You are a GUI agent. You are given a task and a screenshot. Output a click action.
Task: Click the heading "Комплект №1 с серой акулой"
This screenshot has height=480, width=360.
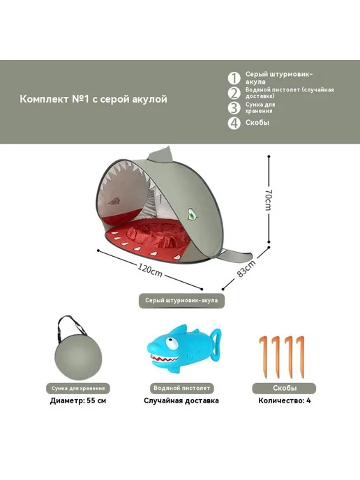93,99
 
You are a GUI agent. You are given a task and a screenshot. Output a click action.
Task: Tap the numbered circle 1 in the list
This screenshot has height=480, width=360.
234,78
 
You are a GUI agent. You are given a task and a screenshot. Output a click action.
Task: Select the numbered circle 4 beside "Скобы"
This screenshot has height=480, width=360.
234,123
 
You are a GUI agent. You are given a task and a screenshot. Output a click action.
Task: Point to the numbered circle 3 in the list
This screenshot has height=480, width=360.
234,107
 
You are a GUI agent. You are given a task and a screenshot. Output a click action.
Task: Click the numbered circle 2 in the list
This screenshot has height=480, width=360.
234,93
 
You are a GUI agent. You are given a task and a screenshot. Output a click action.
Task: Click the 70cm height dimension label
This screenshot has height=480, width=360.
269,200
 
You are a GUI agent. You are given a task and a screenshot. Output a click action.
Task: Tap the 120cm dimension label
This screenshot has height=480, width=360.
149,270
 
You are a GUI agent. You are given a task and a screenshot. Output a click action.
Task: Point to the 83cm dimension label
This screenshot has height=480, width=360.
246,269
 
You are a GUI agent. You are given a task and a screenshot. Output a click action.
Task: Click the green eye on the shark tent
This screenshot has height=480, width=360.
192,216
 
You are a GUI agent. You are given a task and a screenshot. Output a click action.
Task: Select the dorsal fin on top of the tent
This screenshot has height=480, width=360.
160,154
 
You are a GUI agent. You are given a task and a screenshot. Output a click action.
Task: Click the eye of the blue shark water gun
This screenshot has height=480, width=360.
172,343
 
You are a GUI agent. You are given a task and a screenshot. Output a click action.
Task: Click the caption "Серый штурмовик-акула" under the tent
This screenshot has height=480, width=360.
181,301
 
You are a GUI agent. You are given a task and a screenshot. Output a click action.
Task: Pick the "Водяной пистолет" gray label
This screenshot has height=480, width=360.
182,388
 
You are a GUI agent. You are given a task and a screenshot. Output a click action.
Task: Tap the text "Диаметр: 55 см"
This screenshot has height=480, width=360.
78,400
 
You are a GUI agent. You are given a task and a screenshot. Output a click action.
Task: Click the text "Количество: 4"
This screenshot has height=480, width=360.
285,400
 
